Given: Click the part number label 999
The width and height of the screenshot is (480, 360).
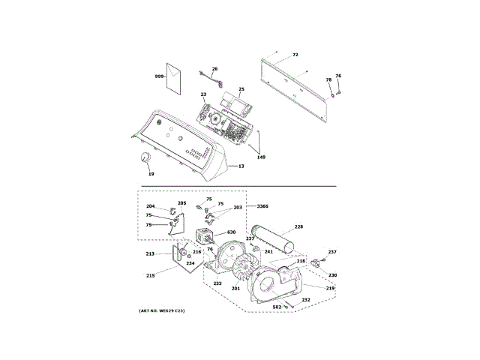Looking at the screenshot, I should pos(159,76).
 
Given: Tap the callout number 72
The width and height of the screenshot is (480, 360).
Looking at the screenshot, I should pos(295,55).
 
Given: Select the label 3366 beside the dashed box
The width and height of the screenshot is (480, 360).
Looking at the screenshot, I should pos(262,205).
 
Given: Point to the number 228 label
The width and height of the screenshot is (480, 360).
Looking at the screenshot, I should pos(298,226).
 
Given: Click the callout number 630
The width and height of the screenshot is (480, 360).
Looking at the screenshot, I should pos(231,232).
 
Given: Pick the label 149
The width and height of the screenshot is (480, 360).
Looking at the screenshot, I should pos(261,157).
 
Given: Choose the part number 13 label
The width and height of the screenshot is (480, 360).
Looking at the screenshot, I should pos(241,166).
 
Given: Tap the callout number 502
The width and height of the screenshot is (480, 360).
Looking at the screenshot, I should pos(276,307).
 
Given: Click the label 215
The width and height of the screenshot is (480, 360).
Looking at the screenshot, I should pos(150,276).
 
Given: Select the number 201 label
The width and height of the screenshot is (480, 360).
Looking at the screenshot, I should pos(235,288).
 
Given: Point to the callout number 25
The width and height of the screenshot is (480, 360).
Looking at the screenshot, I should pos(241,90).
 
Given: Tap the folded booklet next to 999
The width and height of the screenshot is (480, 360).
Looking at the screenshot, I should pos(174,77).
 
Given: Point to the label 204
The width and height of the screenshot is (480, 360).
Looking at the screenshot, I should pos(150,206).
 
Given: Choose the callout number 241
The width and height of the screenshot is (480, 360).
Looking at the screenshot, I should pos(268,252).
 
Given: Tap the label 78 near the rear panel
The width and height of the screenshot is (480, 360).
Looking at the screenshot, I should pos(328,79).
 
